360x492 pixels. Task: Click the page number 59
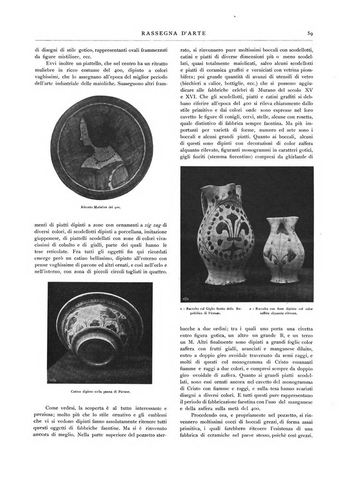pyautogui.click(x=309, y=33)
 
